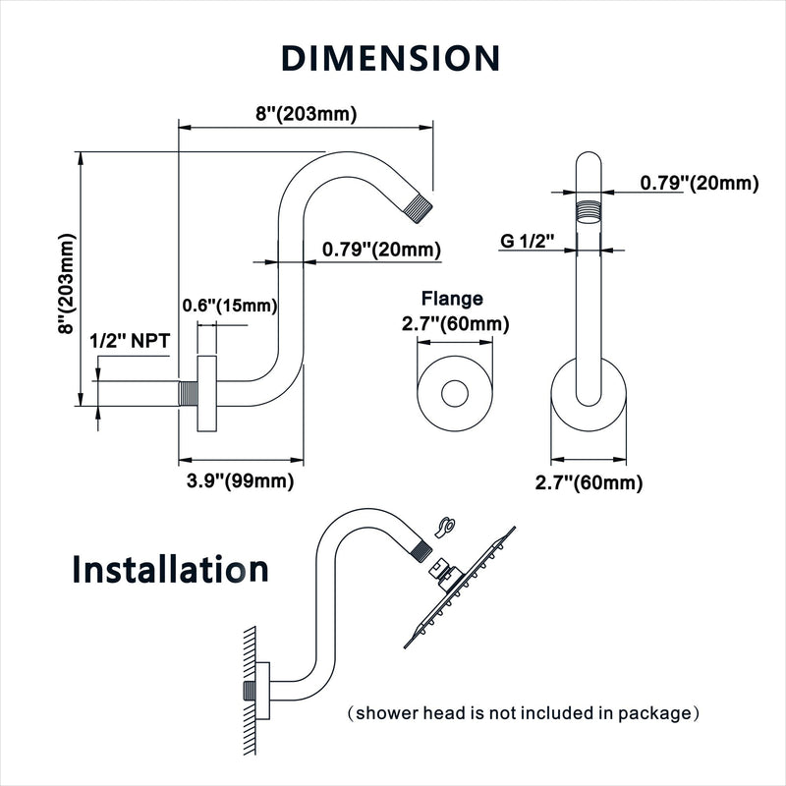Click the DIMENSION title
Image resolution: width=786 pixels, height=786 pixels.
coord(390,58)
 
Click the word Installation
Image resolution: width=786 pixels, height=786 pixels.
coord(170,569)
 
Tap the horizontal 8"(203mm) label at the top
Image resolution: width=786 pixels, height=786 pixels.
coord(307,114)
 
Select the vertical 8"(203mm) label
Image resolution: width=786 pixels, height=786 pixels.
coord(66,284)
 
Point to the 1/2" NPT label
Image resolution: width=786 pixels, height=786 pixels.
coord(130,341)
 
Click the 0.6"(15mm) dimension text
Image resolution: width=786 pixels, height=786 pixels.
coord(230,306)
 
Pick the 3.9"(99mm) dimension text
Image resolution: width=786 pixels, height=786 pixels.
coord(240,481)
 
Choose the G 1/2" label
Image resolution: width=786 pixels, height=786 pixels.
coord(528,241)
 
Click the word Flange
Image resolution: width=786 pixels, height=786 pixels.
coord(452,299)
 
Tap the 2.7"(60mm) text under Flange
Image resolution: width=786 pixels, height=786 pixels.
coord(455,324)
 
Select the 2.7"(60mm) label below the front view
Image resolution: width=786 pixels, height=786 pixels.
coord(589,482)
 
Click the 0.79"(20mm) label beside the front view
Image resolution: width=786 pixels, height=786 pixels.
coord(700,183)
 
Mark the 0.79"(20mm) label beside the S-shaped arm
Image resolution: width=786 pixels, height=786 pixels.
coord(381,250)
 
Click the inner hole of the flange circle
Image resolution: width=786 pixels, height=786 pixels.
coord(455,394)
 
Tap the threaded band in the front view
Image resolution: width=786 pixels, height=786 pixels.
coord(588,208)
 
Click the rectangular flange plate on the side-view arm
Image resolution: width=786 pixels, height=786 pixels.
coord(206,394)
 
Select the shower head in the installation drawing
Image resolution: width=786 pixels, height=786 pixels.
coord(460,588)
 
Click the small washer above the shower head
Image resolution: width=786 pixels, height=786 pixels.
coord(445,527)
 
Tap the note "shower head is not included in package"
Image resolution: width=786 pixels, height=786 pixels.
coord(523,712)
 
